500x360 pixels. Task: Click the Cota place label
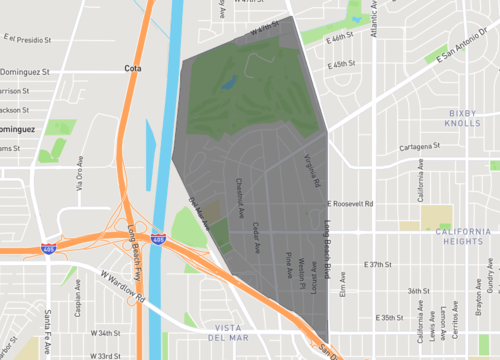tap(133, 68)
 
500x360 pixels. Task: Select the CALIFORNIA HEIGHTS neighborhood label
tap(463, 237)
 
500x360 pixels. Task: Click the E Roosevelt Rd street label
tap(350, 204)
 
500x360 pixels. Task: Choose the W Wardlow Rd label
tap(124, 284)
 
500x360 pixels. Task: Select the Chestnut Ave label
tap(241, 198)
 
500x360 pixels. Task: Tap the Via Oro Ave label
tap(79, 178)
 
